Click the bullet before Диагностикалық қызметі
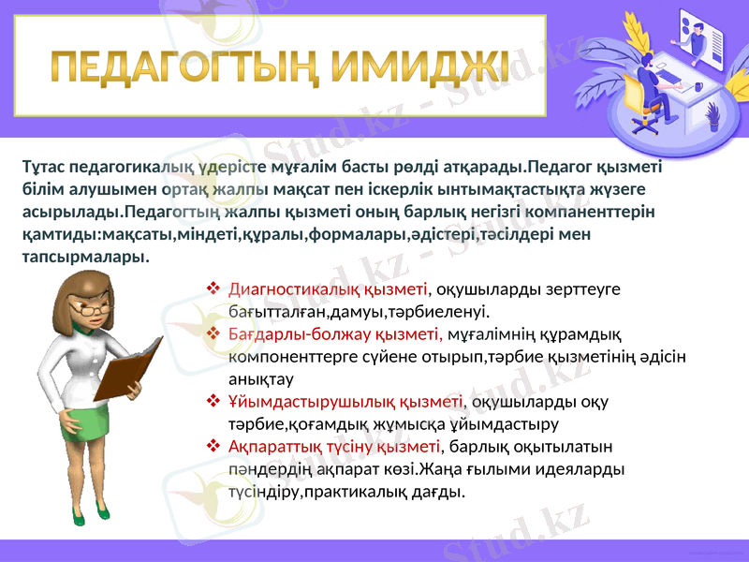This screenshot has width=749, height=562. (213, 289)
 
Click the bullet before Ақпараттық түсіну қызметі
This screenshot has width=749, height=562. (213, 445)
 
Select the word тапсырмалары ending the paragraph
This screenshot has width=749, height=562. (84, 256)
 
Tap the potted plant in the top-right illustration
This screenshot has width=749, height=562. (712, 117)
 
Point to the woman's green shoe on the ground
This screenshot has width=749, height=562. (101, 514)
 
